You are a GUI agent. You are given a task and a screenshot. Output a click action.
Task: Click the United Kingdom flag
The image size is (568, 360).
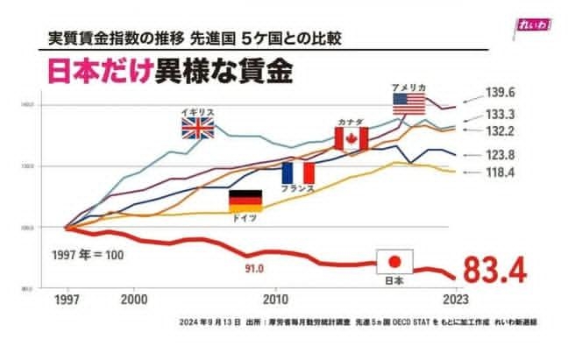pyautogui.click(x=197, y=130)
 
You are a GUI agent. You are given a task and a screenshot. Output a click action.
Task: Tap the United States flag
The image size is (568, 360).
pyautogui.click(x=408, y=103)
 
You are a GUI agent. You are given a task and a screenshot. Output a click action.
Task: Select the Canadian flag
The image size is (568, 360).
pyautogui.click(x=351, y=138)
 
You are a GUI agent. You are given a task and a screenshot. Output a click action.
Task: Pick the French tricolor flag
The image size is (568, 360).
pyautogui.click(x=298, y=172)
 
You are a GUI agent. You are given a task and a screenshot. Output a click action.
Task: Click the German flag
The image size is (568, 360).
pyautogui.click(x=245, y=201)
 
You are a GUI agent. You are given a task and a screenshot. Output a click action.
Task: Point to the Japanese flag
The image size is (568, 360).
pyautogui.click(x=394, y=261)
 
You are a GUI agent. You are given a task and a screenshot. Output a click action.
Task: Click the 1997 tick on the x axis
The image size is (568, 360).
pyautogui.click(x=67, y=299)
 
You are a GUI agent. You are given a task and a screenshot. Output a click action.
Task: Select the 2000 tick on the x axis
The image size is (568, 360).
pyautogui.click(x=133, y=299)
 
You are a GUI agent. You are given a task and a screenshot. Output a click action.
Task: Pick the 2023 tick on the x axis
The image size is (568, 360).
pyautogui.click(x=452, y=299)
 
